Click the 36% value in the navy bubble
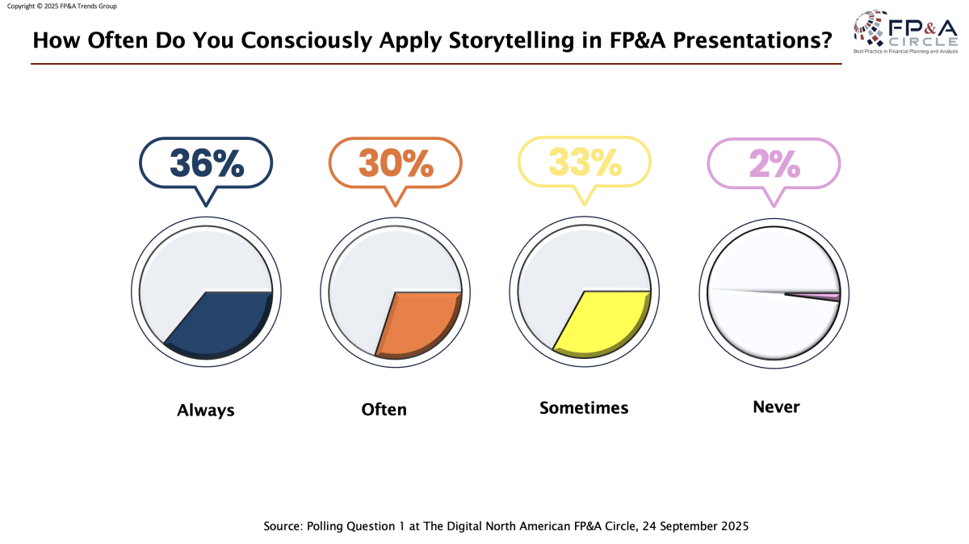(206, 163)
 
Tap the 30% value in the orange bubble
(396, 163)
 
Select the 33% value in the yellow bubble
(585, 163)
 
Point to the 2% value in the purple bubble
(774, 163)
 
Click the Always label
(206, 410)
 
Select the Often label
(384, 410)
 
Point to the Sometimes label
(584, 407)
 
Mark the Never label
(776, 407)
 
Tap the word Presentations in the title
(748, 40)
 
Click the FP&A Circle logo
(905, 32)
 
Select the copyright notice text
(61, 6)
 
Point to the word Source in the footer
(283, 526)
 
